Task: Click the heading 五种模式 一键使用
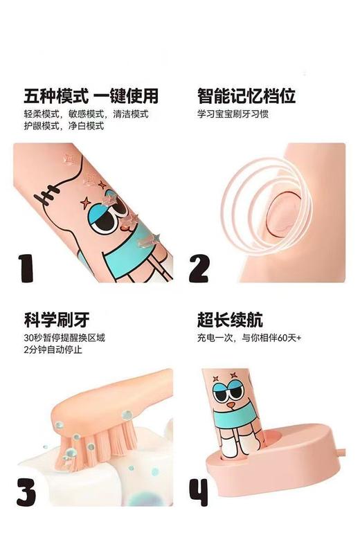[x=91, y=95]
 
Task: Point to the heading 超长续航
[x=230, y=320]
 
